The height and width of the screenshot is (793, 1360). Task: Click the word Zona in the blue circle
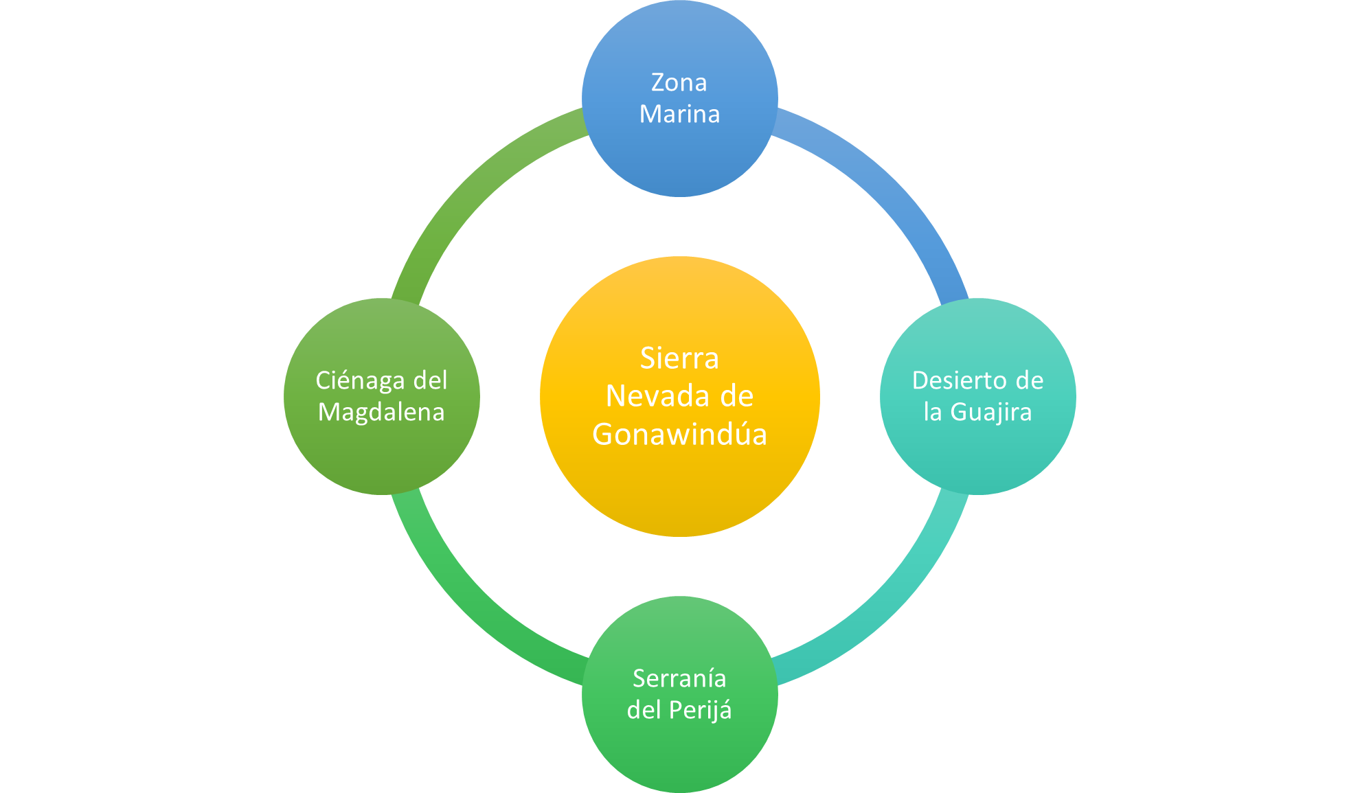click(x=679, y=83)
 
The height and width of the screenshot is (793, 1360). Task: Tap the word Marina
click(x=679, y=114)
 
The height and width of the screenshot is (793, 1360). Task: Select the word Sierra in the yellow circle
click(x=679, y=358)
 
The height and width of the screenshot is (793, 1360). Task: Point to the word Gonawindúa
click(x=679, y=435)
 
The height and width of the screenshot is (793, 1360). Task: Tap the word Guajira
click(x=990, y=412)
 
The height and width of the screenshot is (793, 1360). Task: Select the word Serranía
click(x=679, y=678)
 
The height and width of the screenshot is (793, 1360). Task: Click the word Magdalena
click(x=381, y=412)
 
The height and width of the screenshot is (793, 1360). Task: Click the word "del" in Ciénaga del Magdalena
click(x=430, y=380)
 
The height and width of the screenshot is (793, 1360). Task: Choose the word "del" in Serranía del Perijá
click(x=644, y=710)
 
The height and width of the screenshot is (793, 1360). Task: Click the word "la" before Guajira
click(x=932, y=412)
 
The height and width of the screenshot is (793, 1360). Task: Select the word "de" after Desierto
click(x=1029, y=380)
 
